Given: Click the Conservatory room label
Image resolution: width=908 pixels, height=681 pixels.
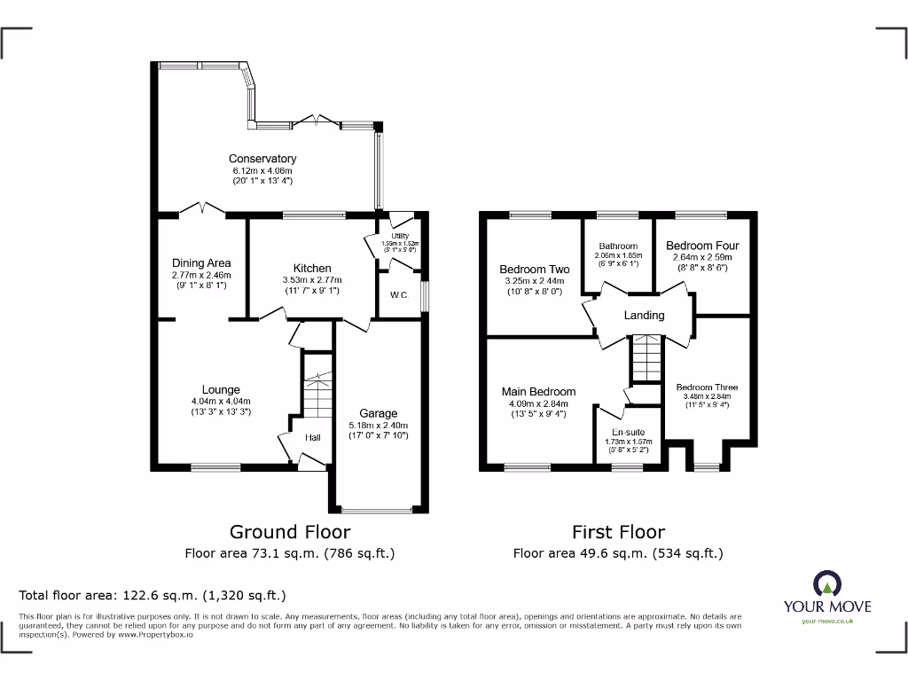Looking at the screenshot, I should click(262, 159).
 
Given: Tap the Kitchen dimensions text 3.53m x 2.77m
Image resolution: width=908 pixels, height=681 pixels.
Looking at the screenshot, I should click(312, 280).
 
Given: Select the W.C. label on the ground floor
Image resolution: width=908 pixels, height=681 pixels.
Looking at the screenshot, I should click(399, 294).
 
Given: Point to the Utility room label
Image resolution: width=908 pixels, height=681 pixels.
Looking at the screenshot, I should click(399, 235).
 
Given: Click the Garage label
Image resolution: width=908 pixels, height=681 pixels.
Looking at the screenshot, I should click(378, 413).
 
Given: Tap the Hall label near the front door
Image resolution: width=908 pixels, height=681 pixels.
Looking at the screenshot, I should click(314, 438).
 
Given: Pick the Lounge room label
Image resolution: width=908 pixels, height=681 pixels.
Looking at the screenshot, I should click(221, 389).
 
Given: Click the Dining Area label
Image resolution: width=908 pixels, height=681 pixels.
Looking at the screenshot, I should click(201, 262).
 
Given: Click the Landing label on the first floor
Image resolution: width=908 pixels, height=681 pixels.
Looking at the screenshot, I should click(644, 315).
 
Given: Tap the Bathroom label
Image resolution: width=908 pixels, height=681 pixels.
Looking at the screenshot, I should click(618, 246).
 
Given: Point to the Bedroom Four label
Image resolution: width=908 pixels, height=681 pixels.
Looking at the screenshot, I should click(702, 246).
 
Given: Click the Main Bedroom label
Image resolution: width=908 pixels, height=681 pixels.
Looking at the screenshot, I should click(538, 391).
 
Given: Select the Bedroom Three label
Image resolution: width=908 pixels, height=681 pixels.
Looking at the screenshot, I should click(707, 387).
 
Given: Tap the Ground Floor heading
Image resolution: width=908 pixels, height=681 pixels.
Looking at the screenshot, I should click(290, 532).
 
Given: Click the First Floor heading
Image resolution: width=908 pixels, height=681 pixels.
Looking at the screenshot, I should click(618, 532).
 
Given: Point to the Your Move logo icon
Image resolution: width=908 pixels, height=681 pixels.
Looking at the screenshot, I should click(826, 583).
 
